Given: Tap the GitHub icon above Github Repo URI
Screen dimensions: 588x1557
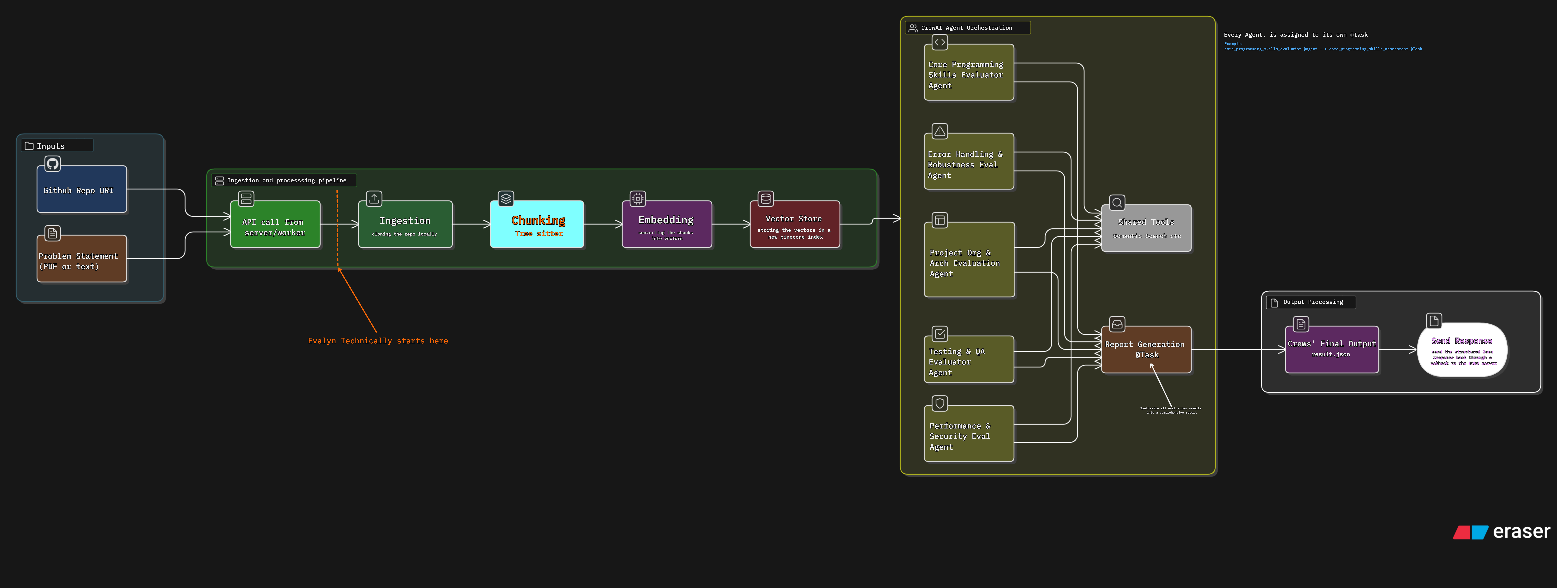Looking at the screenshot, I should [53, 164].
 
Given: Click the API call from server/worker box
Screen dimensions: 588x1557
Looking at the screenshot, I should [275, 225].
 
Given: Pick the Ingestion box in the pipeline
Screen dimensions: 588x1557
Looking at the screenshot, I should [405, 225].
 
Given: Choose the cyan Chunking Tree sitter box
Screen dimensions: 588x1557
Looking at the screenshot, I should [537, 225].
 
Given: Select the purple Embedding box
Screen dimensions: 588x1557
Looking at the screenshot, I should [667, 225].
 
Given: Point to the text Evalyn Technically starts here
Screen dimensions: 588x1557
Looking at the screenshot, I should [378, 341].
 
